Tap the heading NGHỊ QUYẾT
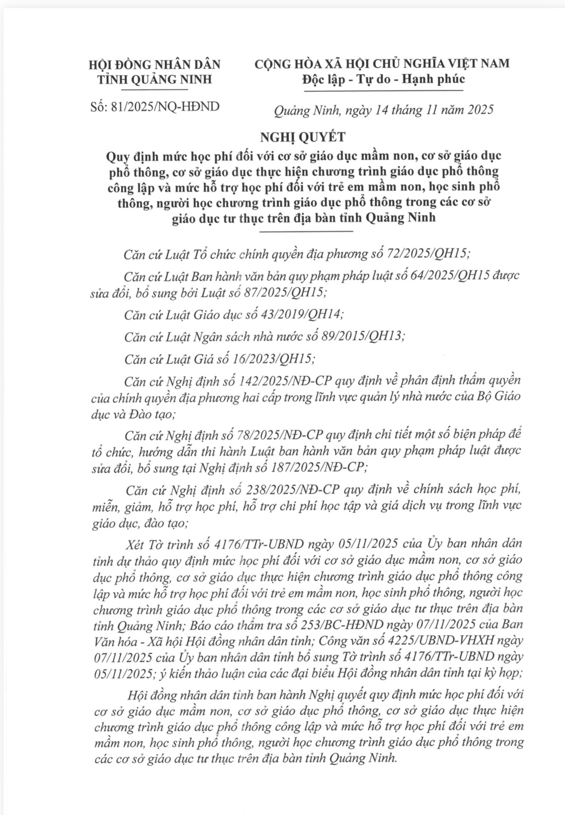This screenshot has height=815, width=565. click(x=306, y=137)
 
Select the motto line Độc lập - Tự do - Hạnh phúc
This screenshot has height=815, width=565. click(x=384, y=79)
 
